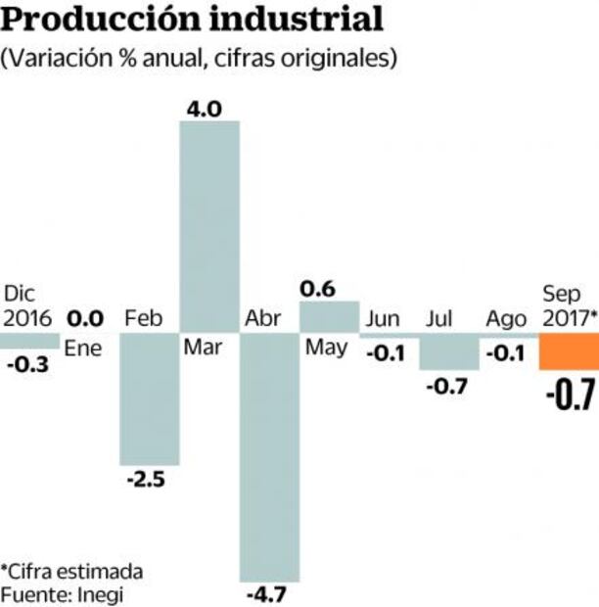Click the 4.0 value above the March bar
point(209,110)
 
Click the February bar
point(149,399)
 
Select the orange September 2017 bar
point(569,352)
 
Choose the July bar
point(449,352)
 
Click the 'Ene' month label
point(85,349)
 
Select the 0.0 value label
point(86,318)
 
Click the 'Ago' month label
point(506,318)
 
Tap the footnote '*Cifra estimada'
point(71,571)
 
